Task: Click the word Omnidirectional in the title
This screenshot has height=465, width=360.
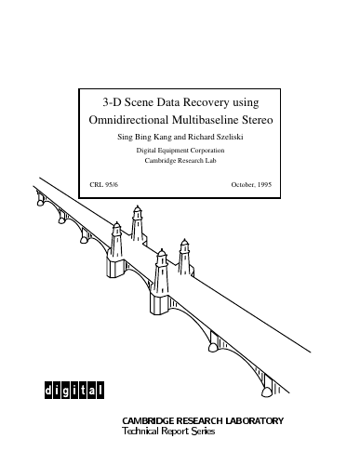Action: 128,120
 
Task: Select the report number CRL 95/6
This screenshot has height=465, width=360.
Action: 104,184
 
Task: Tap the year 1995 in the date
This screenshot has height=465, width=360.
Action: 264,184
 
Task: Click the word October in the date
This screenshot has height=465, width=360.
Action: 243,184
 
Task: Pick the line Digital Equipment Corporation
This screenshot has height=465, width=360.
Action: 180,151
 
